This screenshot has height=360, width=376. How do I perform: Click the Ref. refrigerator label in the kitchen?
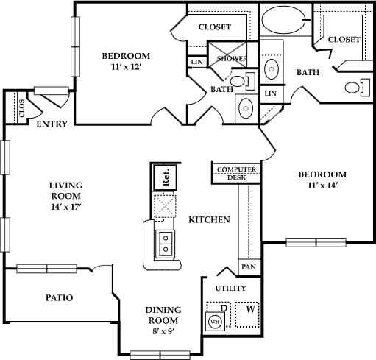pos(166,177)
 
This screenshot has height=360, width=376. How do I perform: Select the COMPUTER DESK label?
pos(236,173)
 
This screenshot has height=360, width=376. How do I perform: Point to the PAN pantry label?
pos(249,267)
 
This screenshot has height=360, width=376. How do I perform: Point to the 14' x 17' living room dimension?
pos(46,207)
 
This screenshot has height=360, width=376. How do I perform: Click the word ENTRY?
pos(52,124)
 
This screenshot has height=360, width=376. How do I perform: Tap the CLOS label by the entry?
pos(21,107)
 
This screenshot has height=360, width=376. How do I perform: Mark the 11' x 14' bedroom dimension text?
pos(321,186)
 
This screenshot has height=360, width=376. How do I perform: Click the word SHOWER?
pos(231,58)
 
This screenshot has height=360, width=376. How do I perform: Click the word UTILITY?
pos(230,288)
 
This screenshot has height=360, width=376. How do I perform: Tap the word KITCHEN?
pos(210,219)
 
